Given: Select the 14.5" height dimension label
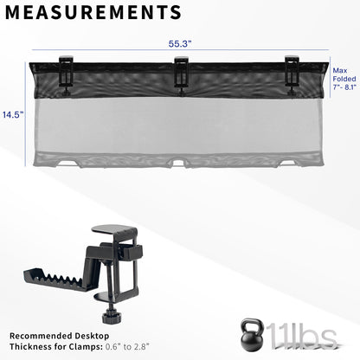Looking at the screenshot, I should [x=11, y=113].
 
